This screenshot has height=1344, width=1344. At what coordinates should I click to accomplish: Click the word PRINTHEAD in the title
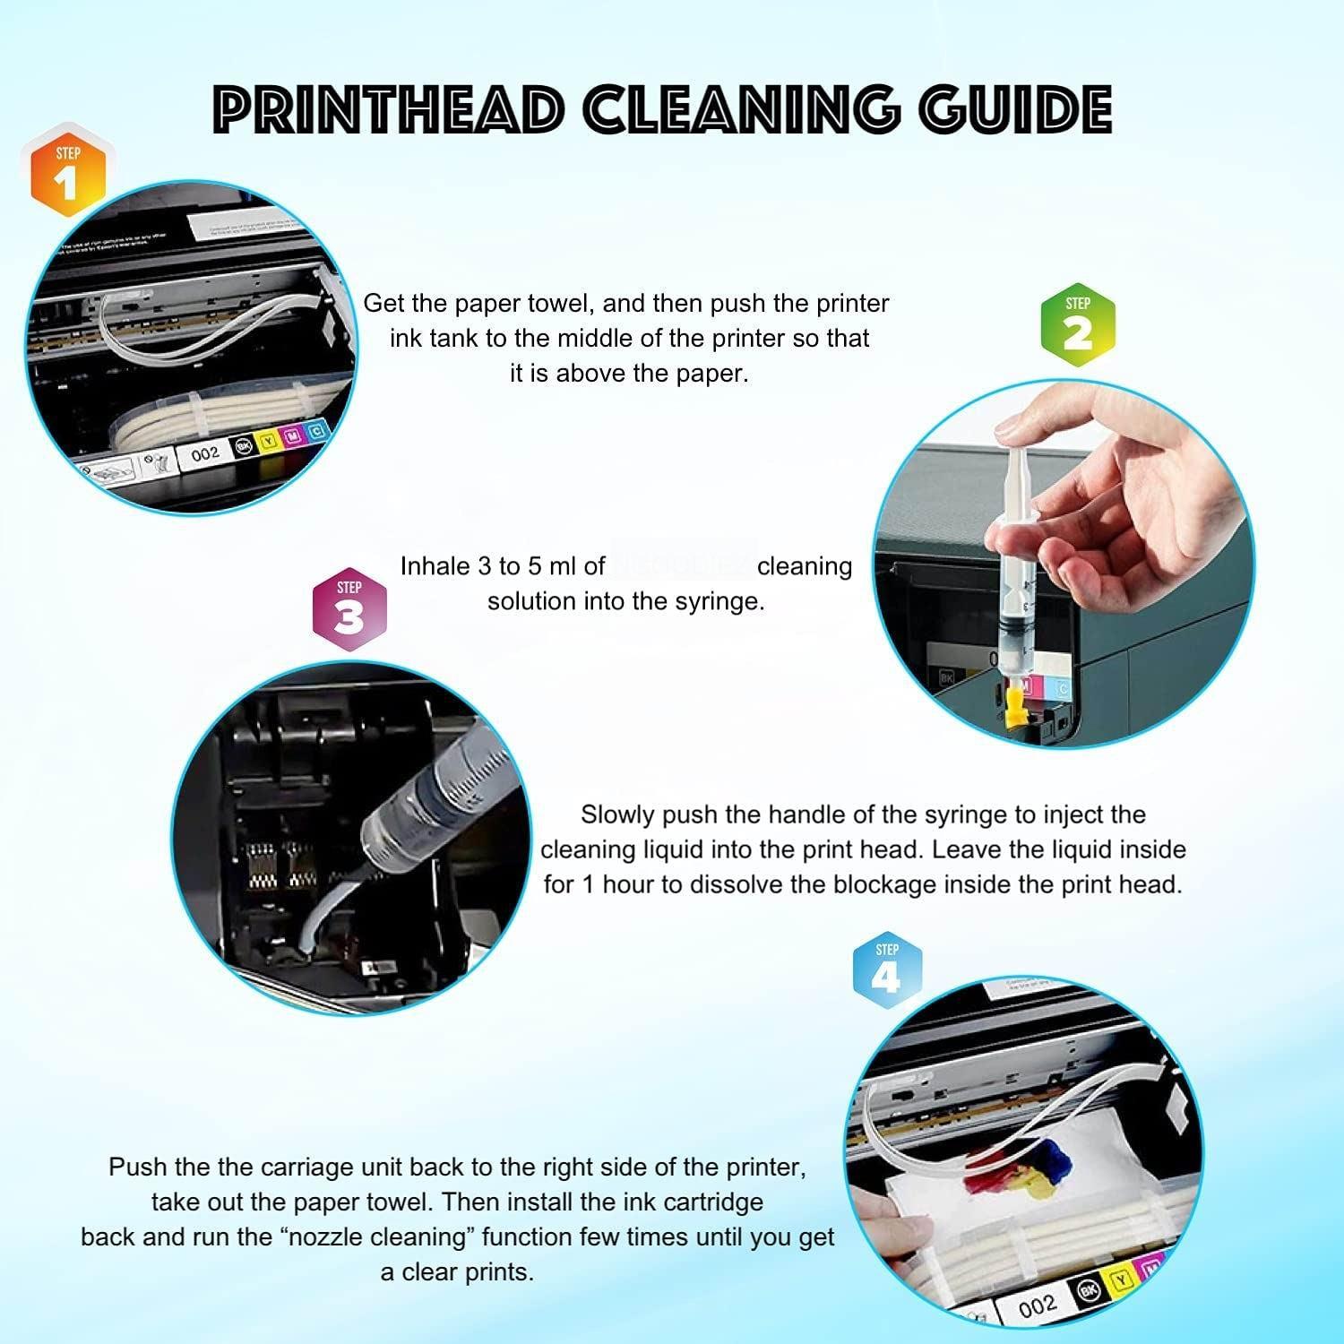click(x=387, y=110)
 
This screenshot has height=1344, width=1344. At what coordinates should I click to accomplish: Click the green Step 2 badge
click(x=1077, y=324)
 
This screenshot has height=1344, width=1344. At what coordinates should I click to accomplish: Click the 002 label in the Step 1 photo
click(x=205, y=454)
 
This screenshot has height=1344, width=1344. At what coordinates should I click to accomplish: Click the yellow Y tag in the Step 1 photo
click(x=267, y=441)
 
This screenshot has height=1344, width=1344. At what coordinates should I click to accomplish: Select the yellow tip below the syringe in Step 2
click(x=1014, y=708)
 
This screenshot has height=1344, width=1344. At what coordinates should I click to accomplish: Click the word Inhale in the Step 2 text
click(x=435, y=566)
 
